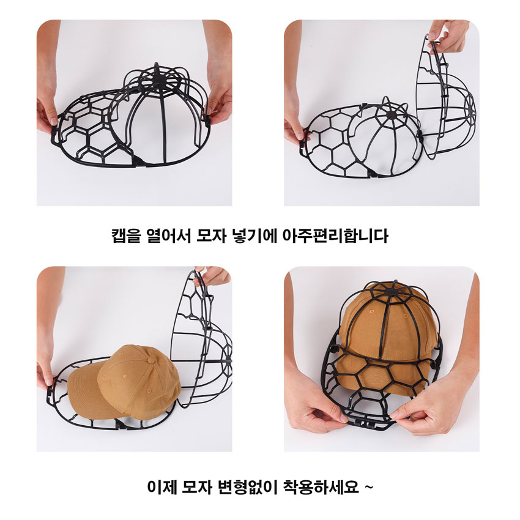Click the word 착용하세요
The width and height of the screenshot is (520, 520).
(321, 487)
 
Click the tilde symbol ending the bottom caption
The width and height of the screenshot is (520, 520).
(368, 487)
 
